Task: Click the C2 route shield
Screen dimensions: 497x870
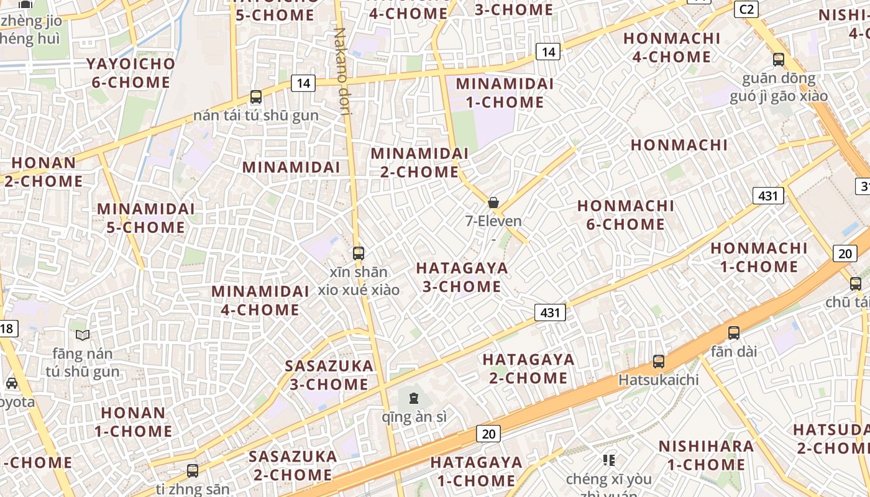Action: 746,9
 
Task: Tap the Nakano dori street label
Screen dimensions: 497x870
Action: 343,71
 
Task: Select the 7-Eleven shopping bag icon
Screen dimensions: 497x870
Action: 493,203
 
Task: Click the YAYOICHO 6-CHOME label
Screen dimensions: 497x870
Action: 130,73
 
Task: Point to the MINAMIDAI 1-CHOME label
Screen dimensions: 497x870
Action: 504,93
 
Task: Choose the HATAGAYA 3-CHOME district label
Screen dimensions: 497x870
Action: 462,277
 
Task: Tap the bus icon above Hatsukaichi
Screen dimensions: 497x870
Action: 659,361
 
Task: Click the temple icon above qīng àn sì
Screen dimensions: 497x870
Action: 414,398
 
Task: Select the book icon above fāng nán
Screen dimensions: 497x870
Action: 83,335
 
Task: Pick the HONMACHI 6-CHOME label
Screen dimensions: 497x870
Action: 626,214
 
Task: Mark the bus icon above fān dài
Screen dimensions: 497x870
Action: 734,332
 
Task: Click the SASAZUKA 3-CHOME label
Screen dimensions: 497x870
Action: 329,375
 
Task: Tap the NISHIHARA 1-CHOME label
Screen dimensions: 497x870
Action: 706,455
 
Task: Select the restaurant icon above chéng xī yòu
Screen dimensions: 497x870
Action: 609,460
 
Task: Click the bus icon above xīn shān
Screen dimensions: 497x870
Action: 358,253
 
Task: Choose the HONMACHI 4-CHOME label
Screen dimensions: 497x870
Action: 672,47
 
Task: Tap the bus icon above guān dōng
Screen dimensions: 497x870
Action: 779,60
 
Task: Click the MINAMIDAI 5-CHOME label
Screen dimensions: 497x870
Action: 146,217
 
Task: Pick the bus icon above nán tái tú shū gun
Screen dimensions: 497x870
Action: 255,97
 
